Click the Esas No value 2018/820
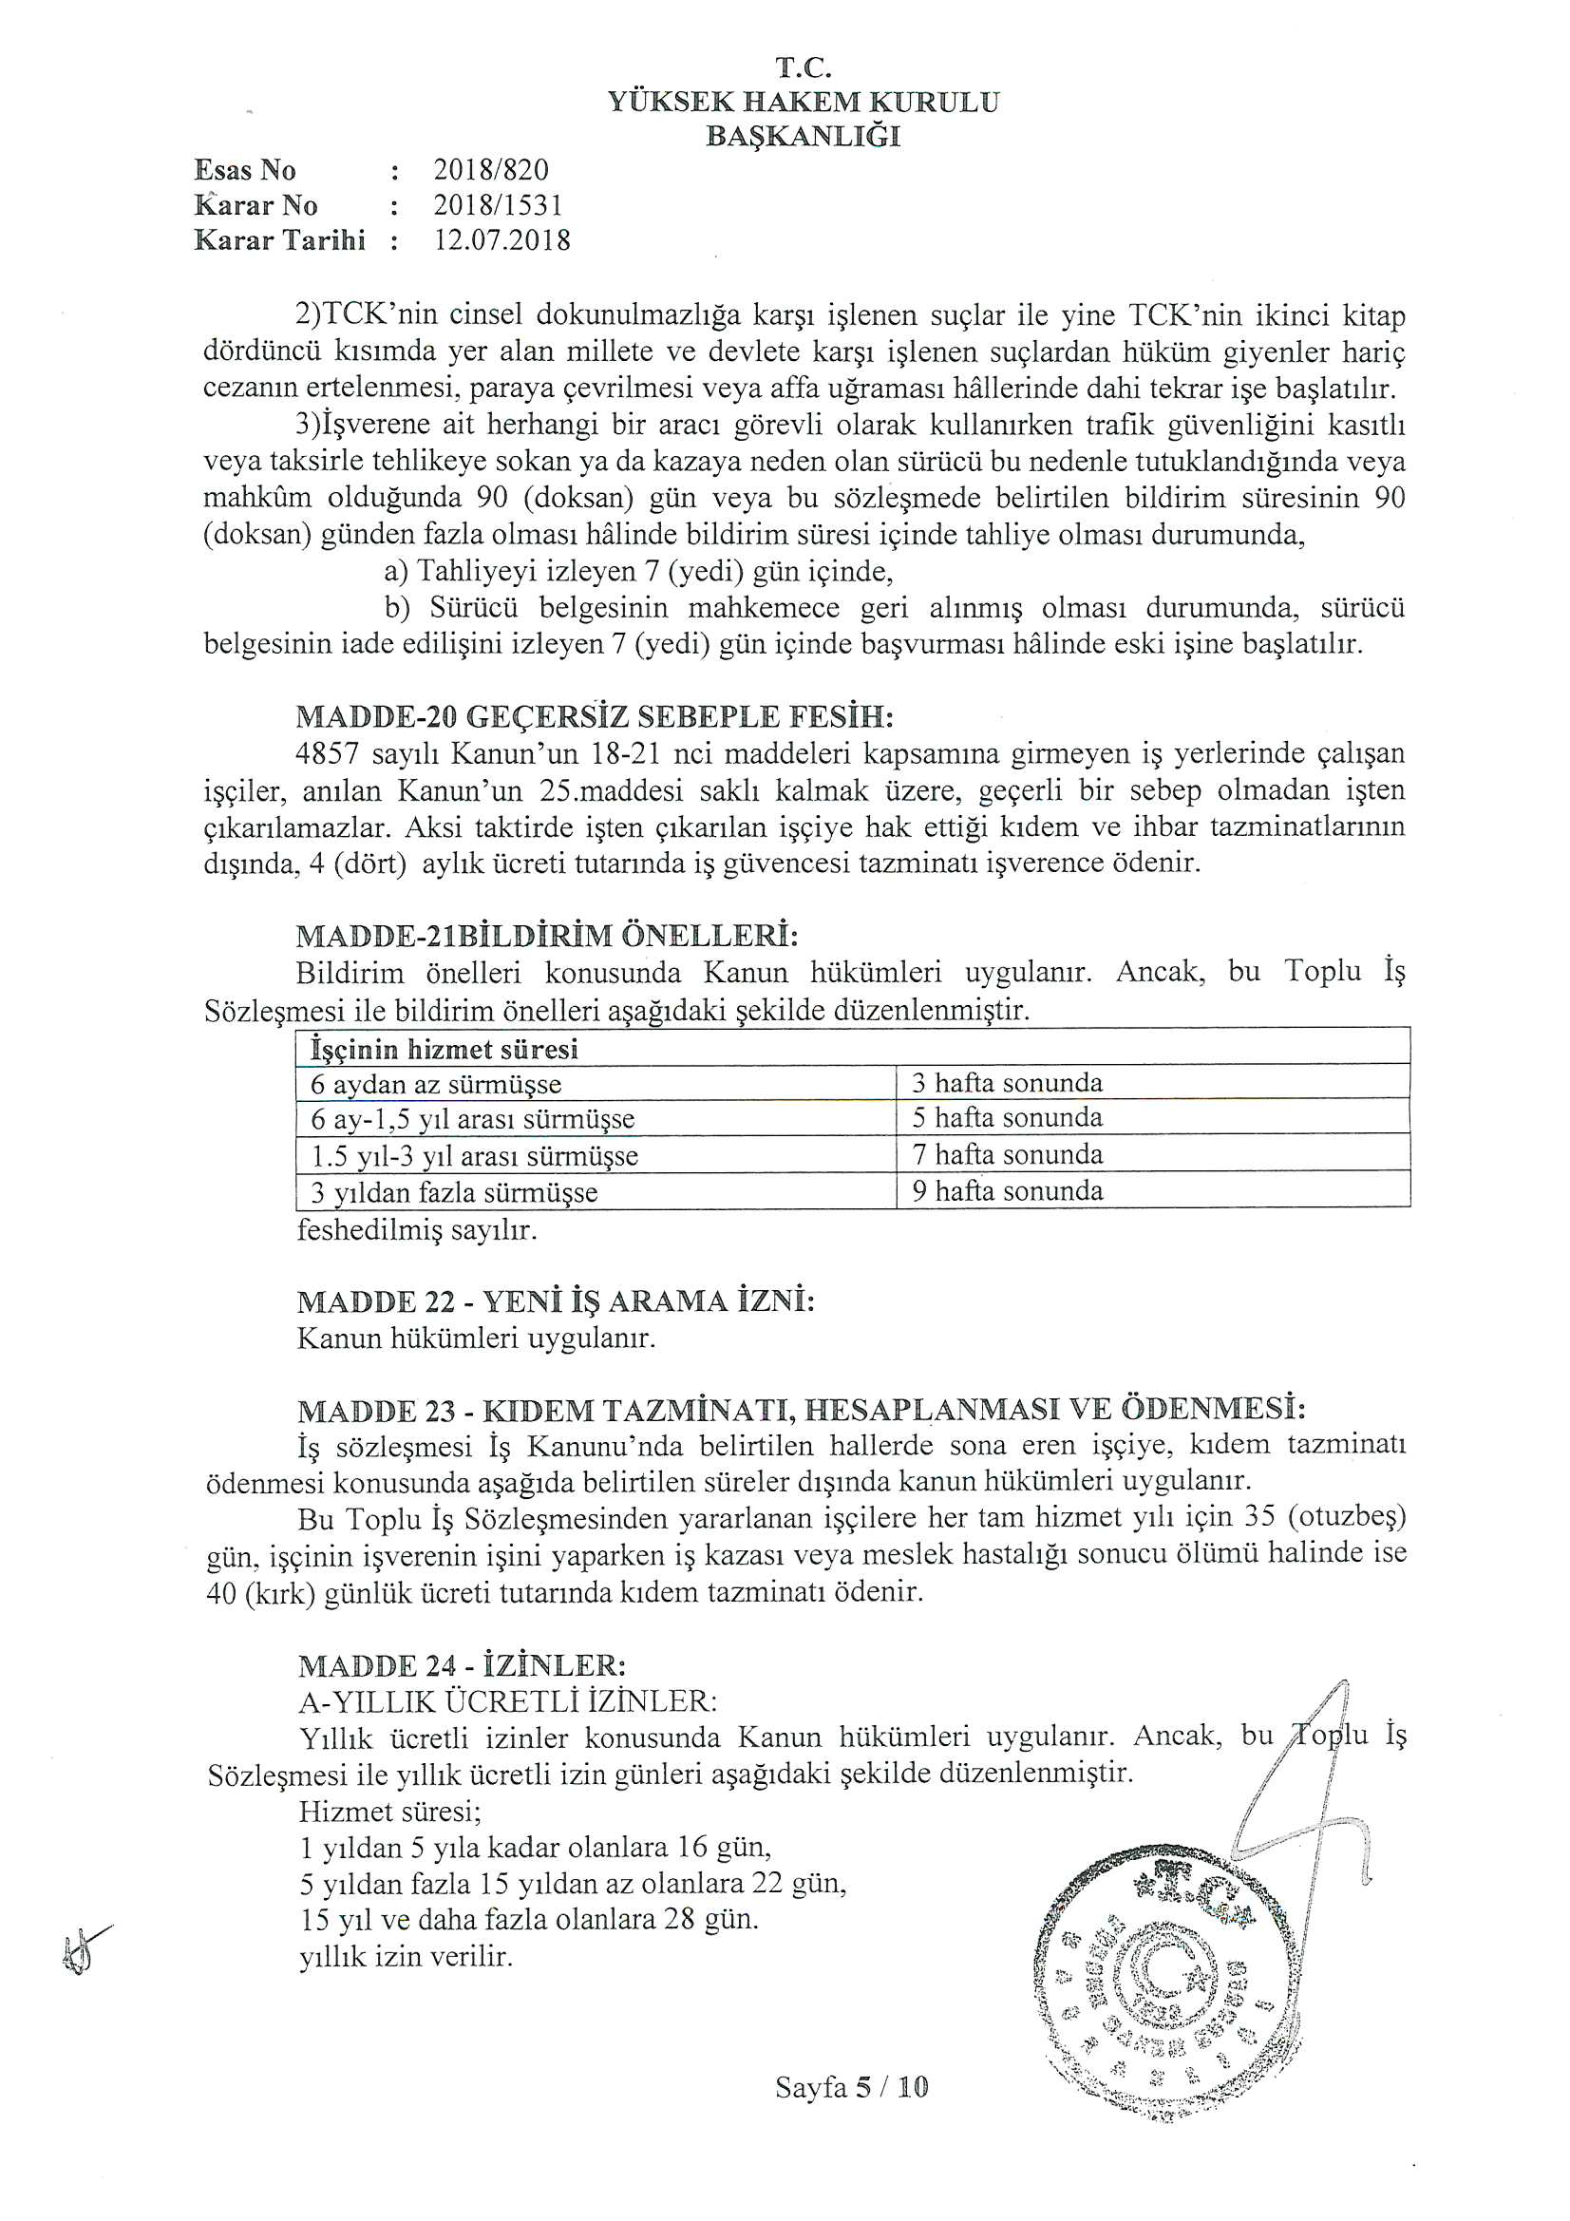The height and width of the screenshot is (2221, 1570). pos(490,170)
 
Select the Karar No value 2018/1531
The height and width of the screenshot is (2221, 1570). pos(498,205)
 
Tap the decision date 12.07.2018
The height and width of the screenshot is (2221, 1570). pos(501,240)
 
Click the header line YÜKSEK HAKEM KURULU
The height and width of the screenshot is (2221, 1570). pos(803,103)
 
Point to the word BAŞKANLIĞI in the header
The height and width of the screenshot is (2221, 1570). pos(803,138)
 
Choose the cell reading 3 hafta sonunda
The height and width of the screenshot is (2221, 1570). pos(1007,1082)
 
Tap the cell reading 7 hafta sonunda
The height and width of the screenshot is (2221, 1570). pos(1007,1155)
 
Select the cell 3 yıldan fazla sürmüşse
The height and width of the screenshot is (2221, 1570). pos(454,1192)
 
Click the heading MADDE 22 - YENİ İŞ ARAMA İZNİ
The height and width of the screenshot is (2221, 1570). pos(557,1301)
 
